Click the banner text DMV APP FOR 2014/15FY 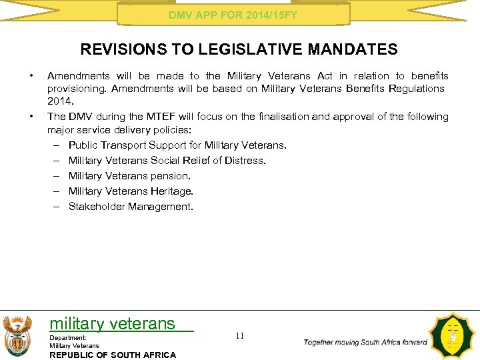(233, 14)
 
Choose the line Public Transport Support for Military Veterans (177, 145)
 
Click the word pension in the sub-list (171, 176)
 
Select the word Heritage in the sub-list (172, 191)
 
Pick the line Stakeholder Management (131, 207)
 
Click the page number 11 (240, 336)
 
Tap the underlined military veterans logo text (113, 324)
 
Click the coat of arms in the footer (17, 335)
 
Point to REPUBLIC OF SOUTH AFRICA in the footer (113, 355)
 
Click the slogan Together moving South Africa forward (365, 342)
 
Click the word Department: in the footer (67, 338)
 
